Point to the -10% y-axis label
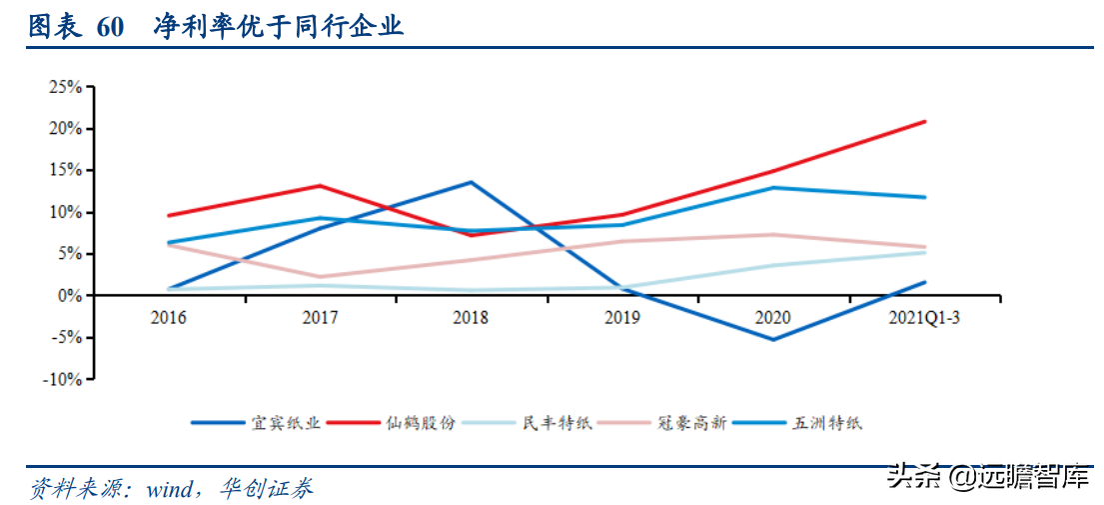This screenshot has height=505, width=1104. pyautogui.click(x=62, y=379)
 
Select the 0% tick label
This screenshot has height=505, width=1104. pyautogui.click(x=70, y=296)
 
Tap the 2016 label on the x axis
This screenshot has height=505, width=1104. pyautogui.click(x=168, y=317)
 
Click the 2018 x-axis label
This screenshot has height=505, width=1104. pyautogui.click(x=471, y=317)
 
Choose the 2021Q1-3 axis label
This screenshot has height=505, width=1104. pyautogui.click(x=923, y=317)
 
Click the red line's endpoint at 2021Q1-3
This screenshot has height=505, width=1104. pyautogui.click(x=924, y=121)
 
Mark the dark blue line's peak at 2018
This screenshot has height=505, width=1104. pyautogui.click(x=471, y=182)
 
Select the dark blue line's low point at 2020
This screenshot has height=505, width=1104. pyautogui.click(x=773, y=339)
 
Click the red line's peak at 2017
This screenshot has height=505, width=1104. pyautogui.click(x=320, y=185)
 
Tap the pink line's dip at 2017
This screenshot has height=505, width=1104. pyautogui.click(x=320, y=277)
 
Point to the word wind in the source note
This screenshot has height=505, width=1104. pyautogui.click(x=172, y=489)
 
